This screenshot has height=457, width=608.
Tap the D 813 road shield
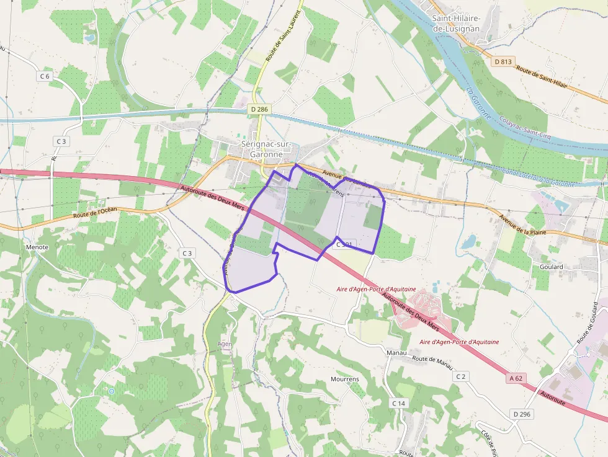click(x=504, y=61)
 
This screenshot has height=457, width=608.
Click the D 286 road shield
click(x=259, y=109)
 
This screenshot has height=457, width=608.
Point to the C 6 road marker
click(x=44, y=76)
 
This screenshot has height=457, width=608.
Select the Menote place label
click(x=37, y=247)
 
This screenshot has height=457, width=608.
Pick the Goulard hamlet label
click(x=551, y=267)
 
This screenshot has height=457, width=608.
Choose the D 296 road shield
click(x=522, y=414)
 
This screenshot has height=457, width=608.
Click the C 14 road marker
click(x=399, y=403)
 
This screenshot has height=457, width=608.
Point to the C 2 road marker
click(x=460, y=376)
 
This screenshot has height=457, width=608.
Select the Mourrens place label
click(x=345, y=379)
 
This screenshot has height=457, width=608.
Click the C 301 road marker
click(x=344, y=245)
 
